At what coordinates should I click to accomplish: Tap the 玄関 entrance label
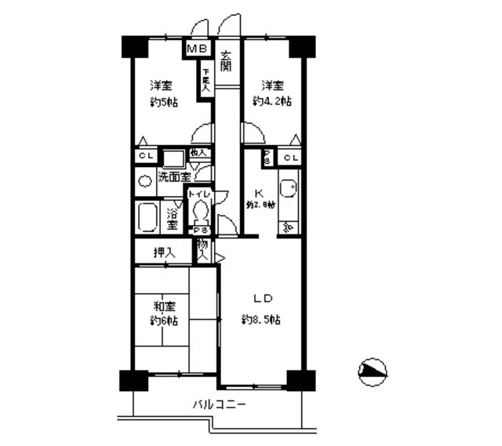(x=226, y=61)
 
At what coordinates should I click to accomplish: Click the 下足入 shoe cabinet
(x=206, y=81)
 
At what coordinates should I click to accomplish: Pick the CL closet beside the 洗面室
(x=145, y=155)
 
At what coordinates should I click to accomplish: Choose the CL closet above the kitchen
(x=291, y=158)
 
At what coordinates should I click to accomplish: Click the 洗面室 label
(x=174, y=177)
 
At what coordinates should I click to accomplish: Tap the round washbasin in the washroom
(x=145, y=181)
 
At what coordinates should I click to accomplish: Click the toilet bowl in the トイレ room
(x=201, y=210)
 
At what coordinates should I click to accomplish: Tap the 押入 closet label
(x=163, y=252)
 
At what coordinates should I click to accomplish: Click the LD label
(x=261, y=299)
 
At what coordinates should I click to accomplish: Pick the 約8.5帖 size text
(x=261, y=320)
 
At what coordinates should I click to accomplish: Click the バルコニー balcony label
(x=220, y=405)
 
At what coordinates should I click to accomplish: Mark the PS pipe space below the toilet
(x=199, y=230)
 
